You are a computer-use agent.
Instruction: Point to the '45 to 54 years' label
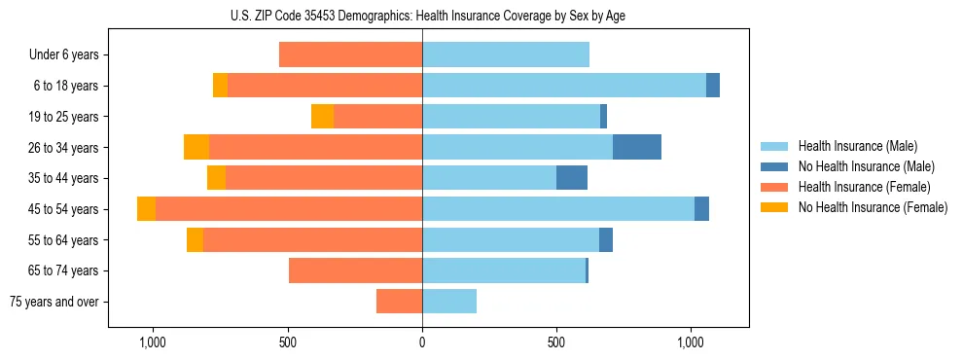64,209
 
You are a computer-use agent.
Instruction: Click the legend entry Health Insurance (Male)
857,146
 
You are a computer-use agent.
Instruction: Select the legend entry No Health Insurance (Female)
872,207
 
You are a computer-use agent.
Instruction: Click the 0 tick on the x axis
422,342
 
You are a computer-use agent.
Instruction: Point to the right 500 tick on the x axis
556,342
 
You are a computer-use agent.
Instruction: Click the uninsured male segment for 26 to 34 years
637,147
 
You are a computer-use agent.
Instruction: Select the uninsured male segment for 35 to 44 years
572,178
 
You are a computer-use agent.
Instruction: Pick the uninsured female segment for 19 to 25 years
322,116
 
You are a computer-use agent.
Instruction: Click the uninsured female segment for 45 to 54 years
146,209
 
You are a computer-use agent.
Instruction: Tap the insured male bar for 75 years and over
449,302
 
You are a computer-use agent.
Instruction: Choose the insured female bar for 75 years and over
399,302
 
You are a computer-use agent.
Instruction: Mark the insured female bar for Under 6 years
350,54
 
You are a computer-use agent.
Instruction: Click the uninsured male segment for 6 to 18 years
713,86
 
